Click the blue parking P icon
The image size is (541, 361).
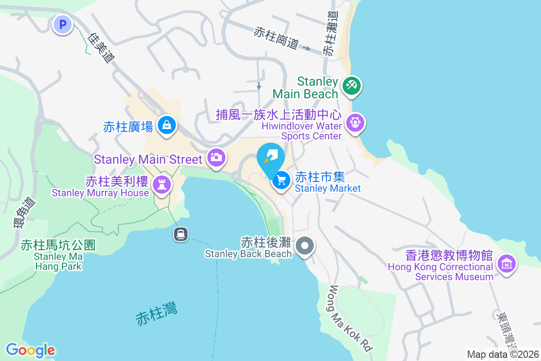pos(63,24)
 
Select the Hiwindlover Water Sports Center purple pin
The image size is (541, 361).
pos(355,122)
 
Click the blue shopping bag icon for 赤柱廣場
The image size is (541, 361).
pos(167,124)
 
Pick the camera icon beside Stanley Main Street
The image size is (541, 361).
pos(216,157)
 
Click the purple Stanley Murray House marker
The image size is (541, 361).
pos(161,185)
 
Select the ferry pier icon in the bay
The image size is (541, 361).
pos(181,234)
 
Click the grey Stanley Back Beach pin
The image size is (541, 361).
pos(305,246)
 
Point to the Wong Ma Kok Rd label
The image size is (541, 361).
pos(351,319)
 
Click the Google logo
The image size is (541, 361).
pos(31,350)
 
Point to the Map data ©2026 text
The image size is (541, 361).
pos(503,354)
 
